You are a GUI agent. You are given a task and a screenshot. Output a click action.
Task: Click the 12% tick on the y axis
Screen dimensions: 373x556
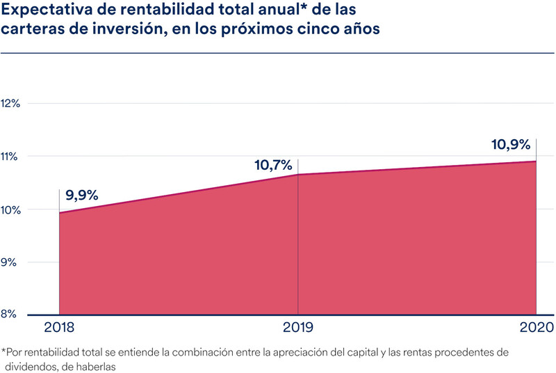tap(12, 103)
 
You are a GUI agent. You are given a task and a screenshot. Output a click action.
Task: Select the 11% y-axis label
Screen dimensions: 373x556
tap(11, 156)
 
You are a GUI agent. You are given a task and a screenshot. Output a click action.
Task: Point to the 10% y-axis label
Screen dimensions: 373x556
tap(12, 209)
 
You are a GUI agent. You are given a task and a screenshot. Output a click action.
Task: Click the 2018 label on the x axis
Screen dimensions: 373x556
tap(59, 328)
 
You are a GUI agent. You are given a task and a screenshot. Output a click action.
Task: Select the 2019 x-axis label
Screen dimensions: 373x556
tap(297, 328)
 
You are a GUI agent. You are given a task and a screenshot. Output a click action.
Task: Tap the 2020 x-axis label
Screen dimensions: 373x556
tap(535, 328)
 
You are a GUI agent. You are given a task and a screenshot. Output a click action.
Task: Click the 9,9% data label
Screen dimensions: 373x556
tap(82, 195)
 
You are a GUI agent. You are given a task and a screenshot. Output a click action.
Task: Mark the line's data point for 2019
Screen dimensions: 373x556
tap(298, 175)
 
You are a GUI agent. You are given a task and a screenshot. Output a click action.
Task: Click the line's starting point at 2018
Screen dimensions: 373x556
tap(60, 212)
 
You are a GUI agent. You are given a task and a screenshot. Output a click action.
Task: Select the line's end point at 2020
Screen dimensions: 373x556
tap(536, 161)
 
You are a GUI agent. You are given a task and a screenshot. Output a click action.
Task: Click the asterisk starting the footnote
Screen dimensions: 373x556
tap(4, 351)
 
